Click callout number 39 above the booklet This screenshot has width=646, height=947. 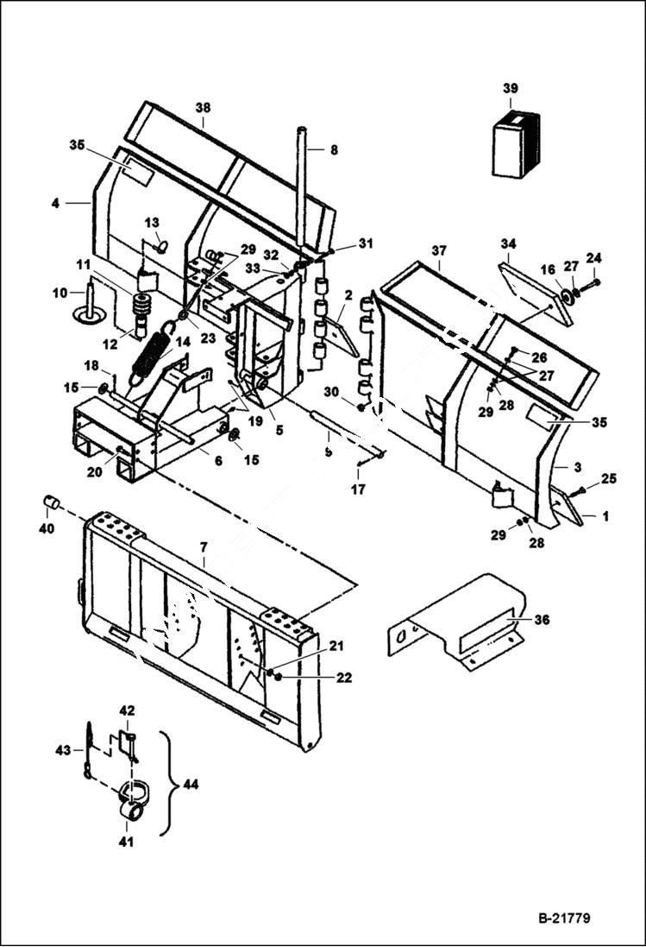point(511,89)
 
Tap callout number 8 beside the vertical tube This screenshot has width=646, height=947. point(334,149)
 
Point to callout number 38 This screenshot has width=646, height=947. point(203,109)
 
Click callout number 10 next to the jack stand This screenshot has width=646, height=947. point(59,294)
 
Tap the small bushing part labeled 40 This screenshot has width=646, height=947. point(51,503)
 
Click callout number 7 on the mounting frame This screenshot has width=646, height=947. point(203,548)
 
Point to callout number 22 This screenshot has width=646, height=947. point(344,679)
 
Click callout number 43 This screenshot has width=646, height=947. point(63,750)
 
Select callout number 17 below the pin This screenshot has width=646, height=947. point(359,489)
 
